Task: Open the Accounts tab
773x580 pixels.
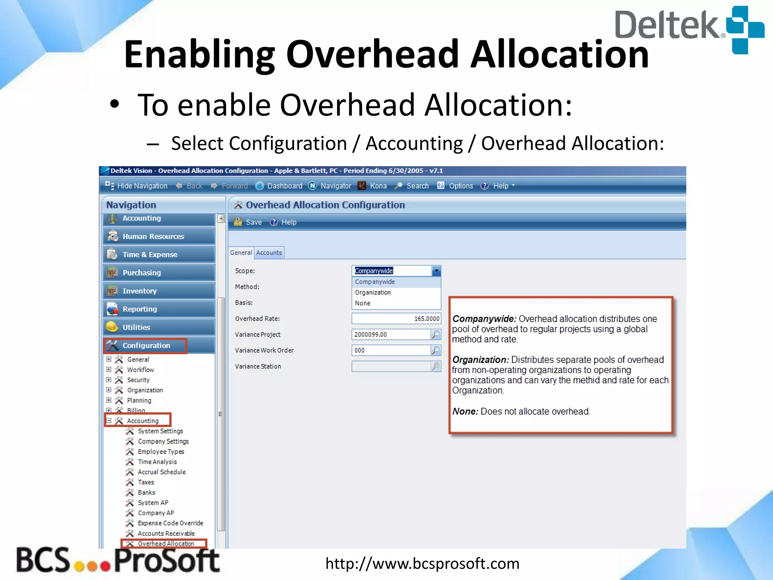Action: (x=269, y=253)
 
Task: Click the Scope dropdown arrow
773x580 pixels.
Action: (x=436, y=271)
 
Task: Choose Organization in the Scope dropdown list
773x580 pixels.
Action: (x=373, y=293)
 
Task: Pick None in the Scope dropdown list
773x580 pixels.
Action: (x=362, y=303)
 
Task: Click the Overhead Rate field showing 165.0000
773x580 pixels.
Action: (x=396, y=319)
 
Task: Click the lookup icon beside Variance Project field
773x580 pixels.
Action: (x=436, y=335)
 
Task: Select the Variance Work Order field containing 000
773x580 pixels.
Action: (x=391, y=350)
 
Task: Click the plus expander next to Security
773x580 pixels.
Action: (x=109, y=380)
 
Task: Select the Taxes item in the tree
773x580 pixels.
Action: (x=146, y=482)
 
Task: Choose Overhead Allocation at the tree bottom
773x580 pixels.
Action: (x=166, y=544)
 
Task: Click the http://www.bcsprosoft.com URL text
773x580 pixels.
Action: (x=422, y=563)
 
